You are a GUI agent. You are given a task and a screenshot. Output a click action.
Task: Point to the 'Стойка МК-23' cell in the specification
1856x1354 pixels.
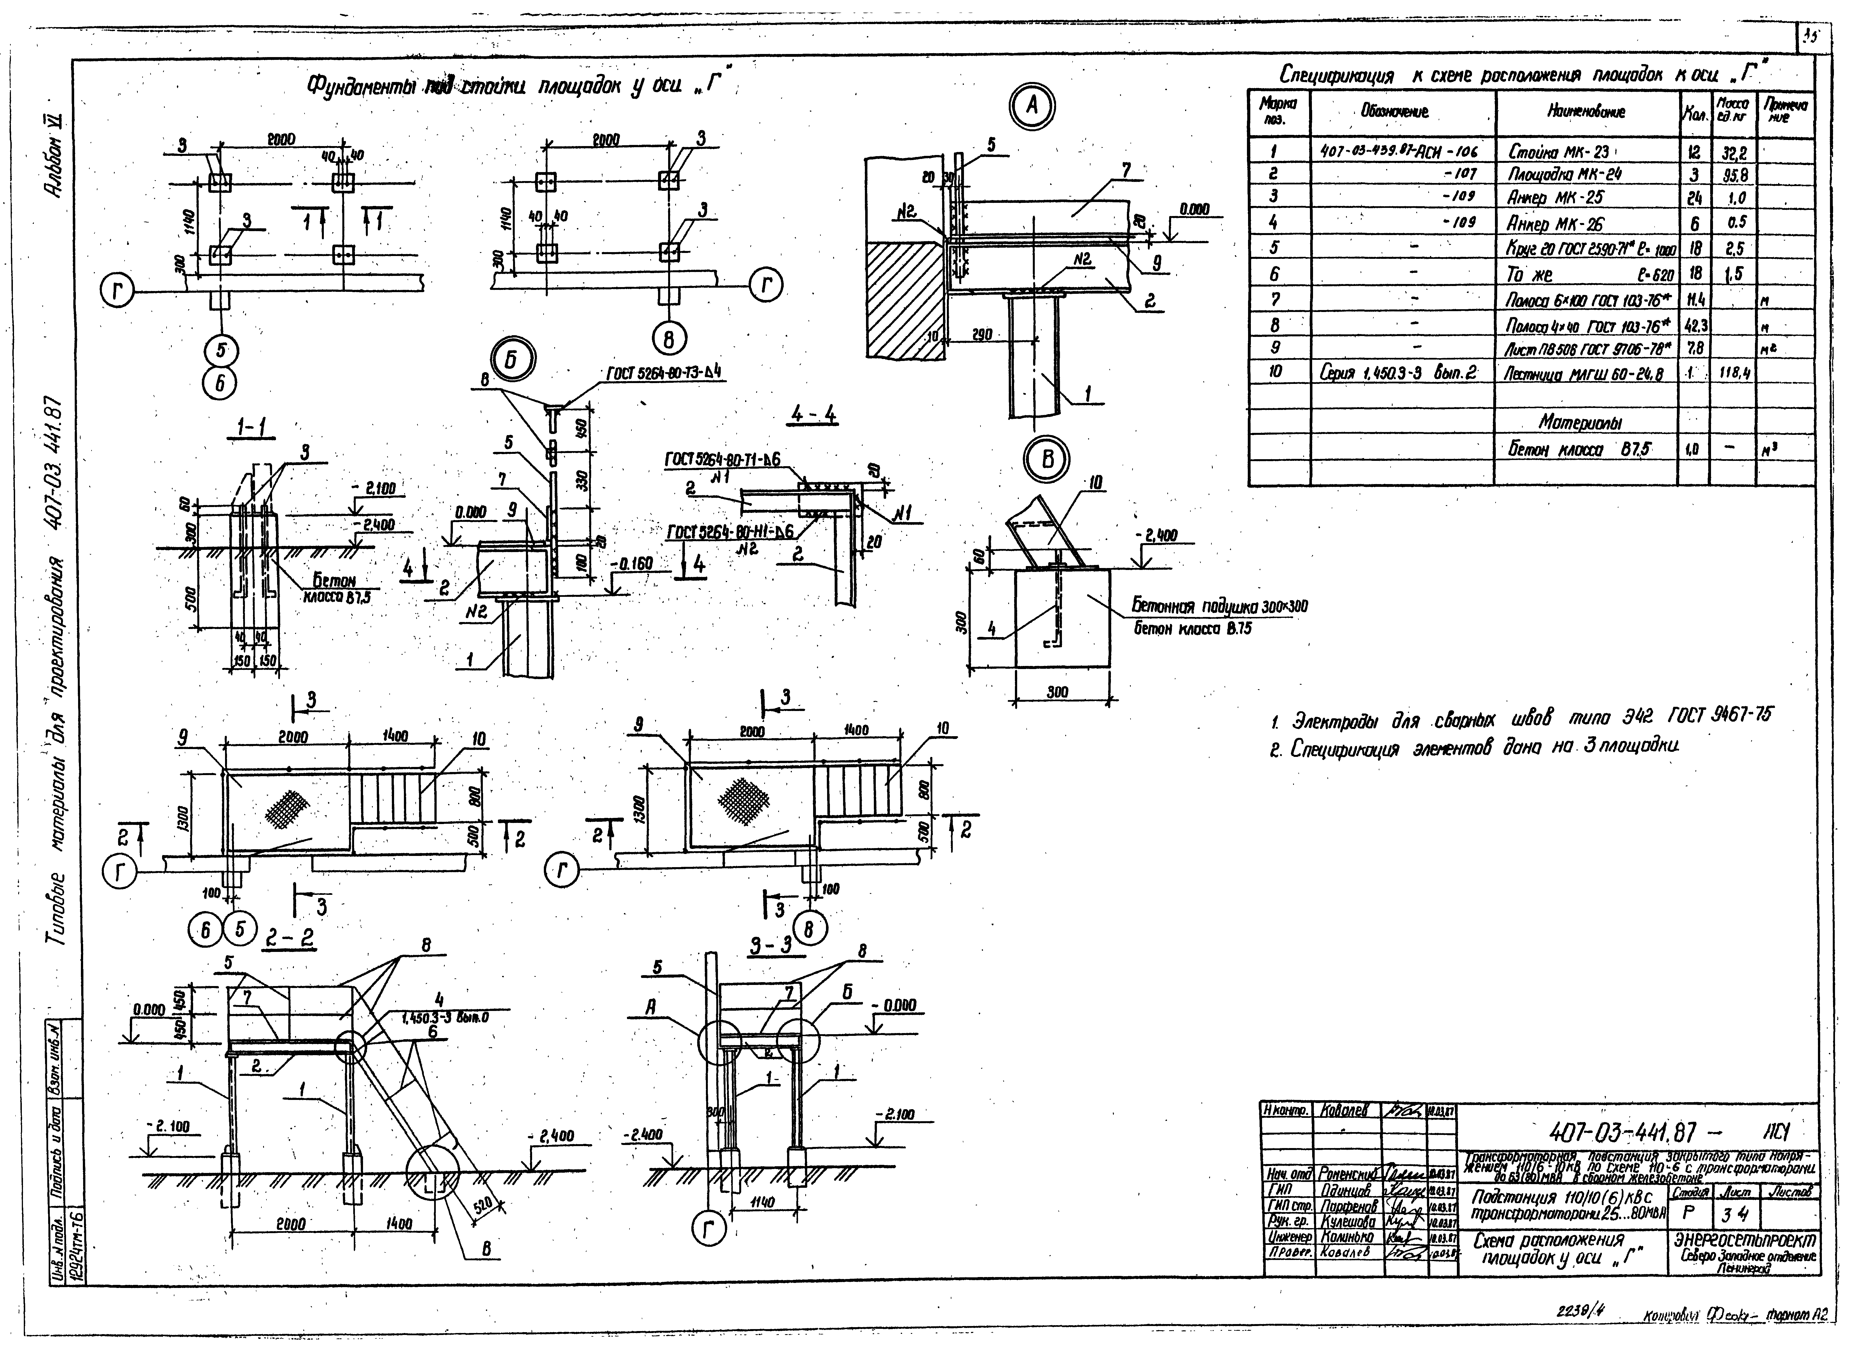1558,152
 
